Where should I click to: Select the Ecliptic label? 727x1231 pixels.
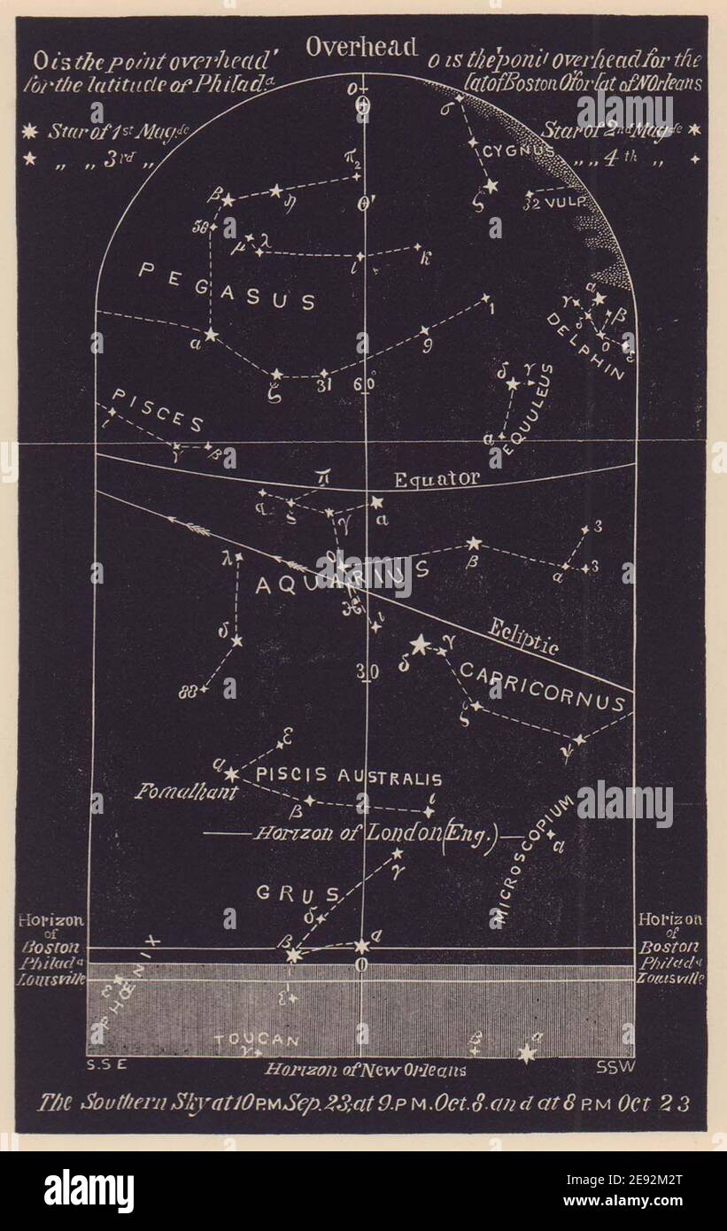[525, 635]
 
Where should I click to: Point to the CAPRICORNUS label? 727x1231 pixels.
[542, 688]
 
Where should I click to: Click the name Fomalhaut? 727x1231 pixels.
[186, 792]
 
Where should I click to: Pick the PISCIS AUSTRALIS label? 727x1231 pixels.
[348, 777]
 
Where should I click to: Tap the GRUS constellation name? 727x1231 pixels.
[285, 893]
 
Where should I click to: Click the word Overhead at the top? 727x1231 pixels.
[361, 48]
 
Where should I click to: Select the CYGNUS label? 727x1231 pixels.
[518, 151]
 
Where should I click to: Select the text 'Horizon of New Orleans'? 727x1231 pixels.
[366, 1070]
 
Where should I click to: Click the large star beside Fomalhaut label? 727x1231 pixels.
[231, 774]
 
